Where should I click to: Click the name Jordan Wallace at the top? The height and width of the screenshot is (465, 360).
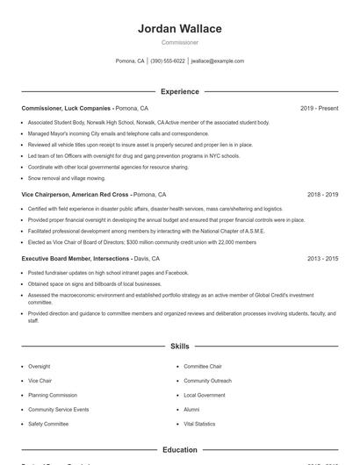[180, 29]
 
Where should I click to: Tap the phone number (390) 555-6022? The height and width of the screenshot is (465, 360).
[168, 61]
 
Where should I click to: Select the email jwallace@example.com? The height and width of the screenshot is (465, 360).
[218, 61]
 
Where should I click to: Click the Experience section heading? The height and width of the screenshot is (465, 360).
[180, 91]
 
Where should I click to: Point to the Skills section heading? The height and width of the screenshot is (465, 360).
[180, 347]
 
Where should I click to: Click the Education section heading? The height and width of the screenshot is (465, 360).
[180, 449]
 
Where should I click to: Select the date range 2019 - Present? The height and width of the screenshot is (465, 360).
[319, 108]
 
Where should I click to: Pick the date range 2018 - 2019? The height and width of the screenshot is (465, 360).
[322, 194]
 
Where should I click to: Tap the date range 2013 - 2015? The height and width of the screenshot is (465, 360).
[322, 259]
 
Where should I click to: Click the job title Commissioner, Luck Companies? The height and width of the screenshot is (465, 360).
[67, 108]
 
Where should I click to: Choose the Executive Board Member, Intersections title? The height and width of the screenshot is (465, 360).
[76, 259]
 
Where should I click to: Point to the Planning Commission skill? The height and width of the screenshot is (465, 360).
[53, 395]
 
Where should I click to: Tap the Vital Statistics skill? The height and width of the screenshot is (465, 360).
[199, 424]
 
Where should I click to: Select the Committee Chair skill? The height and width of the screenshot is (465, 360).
[203, 366]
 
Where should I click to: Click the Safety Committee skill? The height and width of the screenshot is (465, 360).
[49, 424]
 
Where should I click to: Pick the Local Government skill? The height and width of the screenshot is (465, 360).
[204, 395]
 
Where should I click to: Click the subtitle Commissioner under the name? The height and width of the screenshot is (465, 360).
[180, 42]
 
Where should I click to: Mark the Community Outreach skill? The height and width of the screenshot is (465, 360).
[207, 381]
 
